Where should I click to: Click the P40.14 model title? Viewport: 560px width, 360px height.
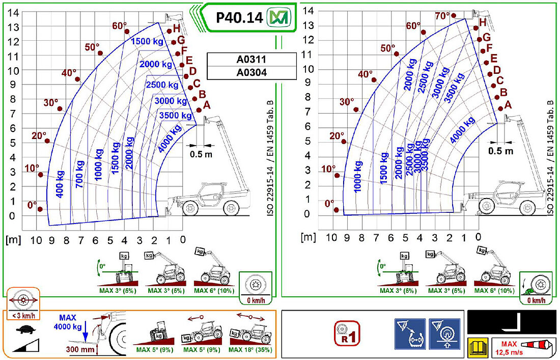pyautogui.click(x=239, y=17)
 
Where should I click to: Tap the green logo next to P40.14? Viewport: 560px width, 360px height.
pyautogui.click(x=279, y=17)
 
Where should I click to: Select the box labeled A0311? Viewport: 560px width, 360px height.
pyautogui.click(x=251, y=60)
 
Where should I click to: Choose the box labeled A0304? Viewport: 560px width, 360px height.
pyautogui.click(x=251, y=72)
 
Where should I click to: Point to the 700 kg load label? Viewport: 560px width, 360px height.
pyautogui.click(x=79, y=175)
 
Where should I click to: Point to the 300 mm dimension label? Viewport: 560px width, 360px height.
pyautogui.click(x=80, y=349)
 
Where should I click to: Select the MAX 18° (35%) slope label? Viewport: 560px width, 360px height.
pyautogui.click(x=250, y=350)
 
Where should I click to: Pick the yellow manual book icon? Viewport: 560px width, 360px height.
pyautogui.click(x=477, y=347)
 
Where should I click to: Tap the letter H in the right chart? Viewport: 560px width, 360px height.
pyautogui.click(x=483, y=22)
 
